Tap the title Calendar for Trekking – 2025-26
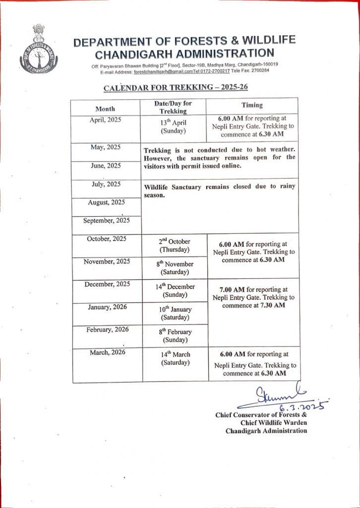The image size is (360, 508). (x=175, y=89)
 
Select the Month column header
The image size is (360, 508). (x=105, y=108)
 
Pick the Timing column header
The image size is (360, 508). (x=252, y=105)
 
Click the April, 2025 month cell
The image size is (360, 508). (x=105, y=120)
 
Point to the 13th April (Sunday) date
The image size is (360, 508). (x=173, y=127)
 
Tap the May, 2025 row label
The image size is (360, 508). (x=105, y=147)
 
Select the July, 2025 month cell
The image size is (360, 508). (x=105, y=184)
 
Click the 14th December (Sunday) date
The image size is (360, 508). (x=175, y=291)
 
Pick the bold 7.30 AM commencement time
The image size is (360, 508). (x=273, y=305)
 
